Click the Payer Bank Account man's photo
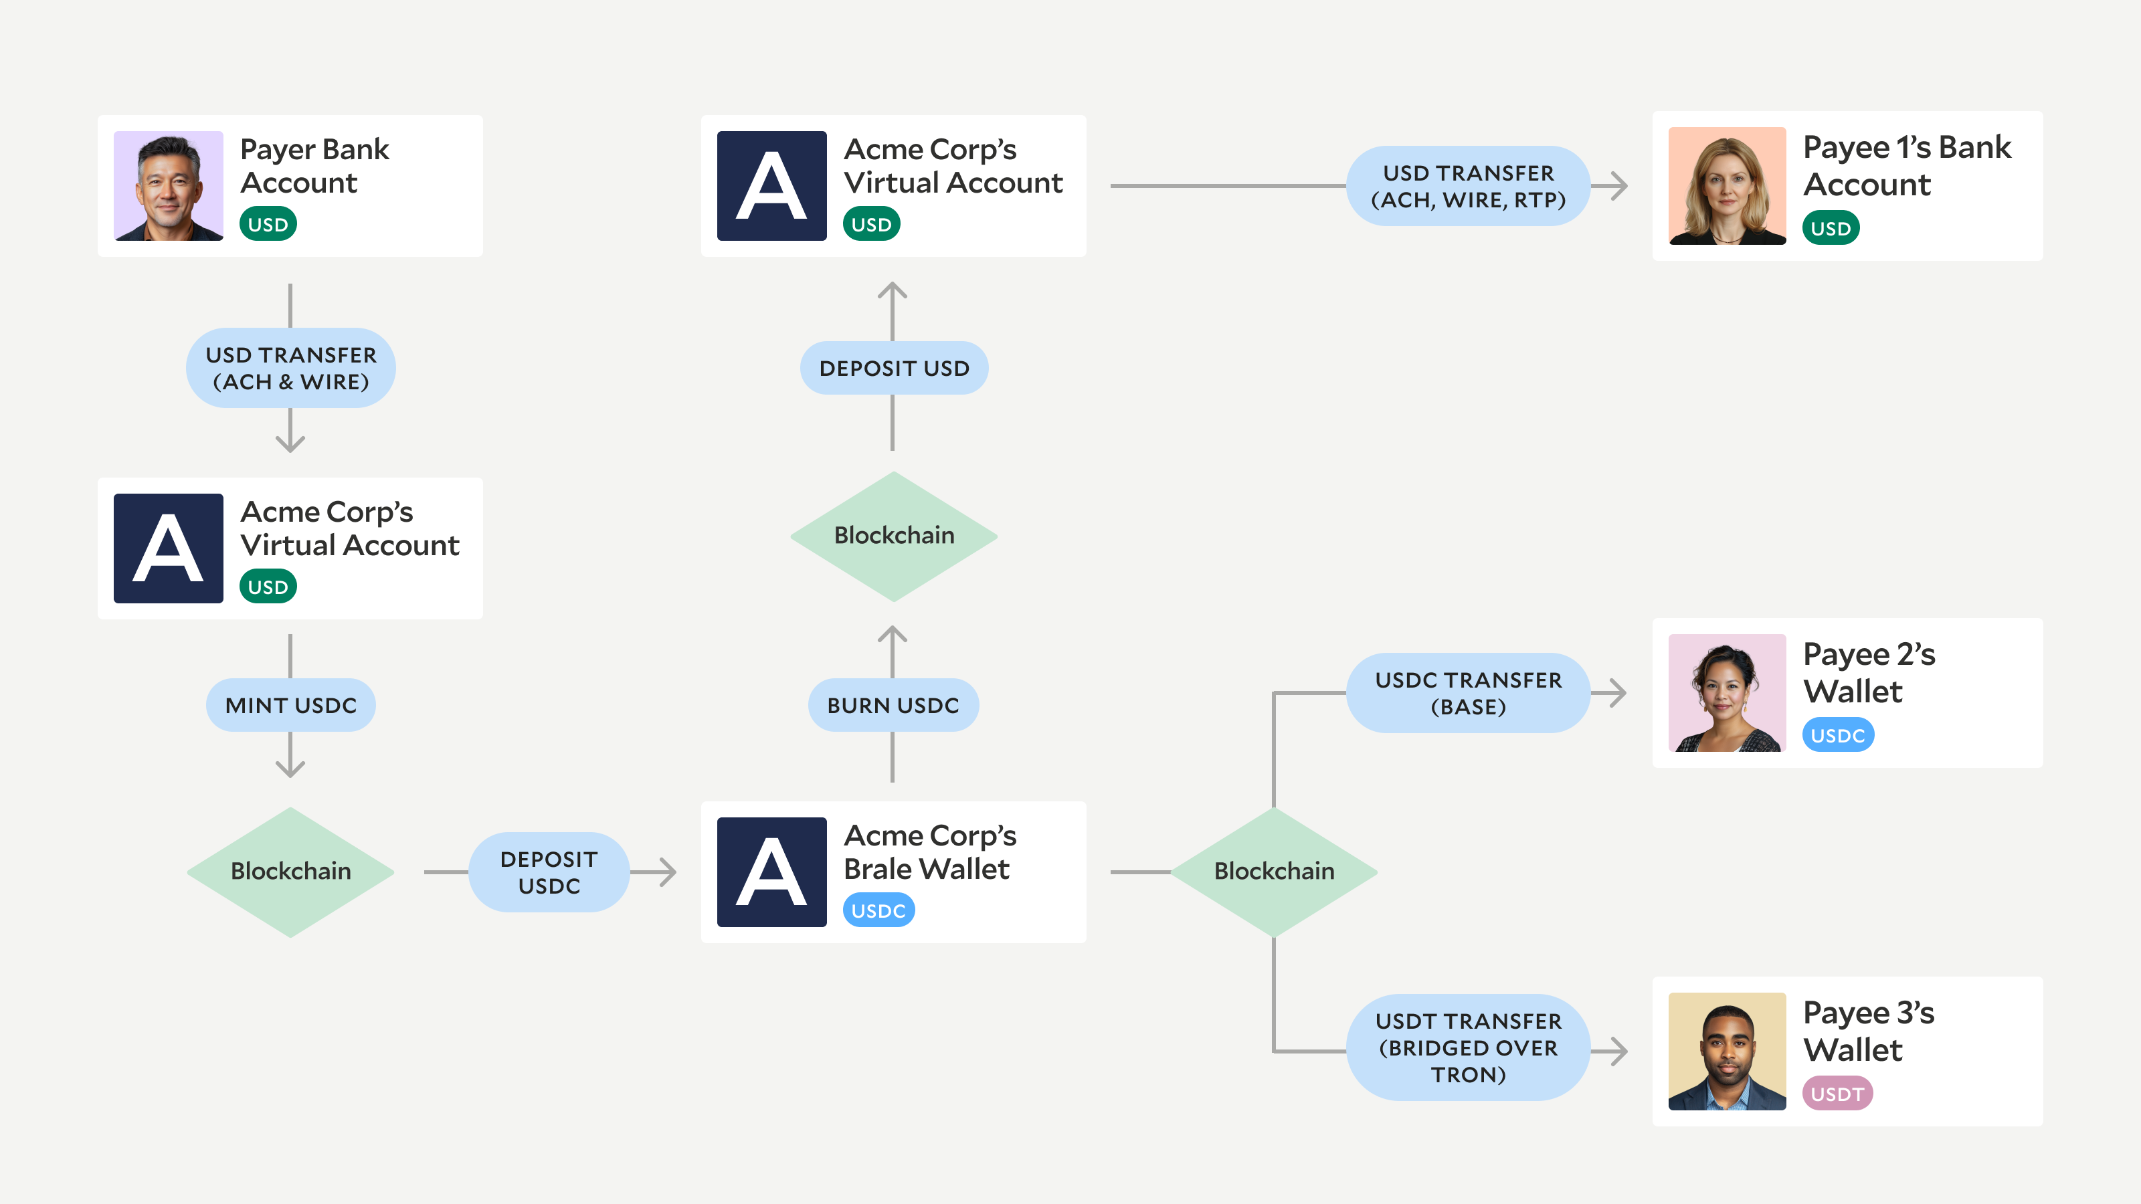(x=168, y=185)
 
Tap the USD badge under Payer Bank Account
(x=268, y=224)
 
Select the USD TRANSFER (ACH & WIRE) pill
(x=291, y=368)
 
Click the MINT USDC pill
(x=291, y=706)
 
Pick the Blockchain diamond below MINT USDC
(x=291, y=872)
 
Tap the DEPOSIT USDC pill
(x=549, y=872)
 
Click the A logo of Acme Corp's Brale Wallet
(x=771, y=872)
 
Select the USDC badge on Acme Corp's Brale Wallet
(x=878, y=910)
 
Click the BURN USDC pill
(x=893, y=706)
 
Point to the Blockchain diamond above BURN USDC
(x=893, y=536)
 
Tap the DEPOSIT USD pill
(x=893, y=368)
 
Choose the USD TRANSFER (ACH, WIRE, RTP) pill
(x=1468, y=186)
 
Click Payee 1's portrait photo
(x=1727, y=186)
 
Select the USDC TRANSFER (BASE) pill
(x=1468, y=693)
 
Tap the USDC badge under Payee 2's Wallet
(x=1838, y=735)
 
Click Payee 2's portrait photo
(x=1727, y=693)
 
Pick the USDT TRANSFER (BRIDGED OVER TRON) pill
(x=1468, y=1047)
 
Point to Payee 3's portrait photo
(x=1727, y=1051)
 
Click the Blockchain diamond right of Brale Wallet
(x=1274, y=872)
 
